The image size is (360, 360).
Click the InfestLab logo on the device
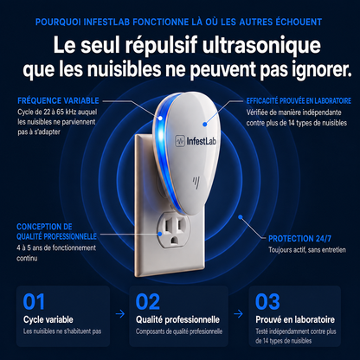point(196,141)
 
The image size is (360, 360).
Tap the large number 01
point(34,302)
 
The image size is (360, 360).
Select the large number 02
point(147,302)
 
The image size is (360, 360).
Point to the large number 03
point(267,302)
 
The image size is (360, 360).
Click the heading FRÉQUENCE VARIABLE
point(58,100)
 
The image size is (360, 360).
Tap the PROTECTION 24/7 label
point(299,239)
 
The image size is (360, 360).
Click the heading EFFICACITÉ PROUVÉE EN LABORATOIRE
point(299,100)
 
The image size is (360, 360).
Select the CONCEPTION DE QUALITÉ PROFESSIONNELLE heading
point(56,232)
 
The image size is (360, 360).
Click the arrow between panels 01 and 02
point(120,314)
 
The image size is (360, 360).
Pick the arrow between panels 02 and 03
point(238,314)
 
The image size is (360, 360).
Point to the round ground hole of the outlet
point(174,240)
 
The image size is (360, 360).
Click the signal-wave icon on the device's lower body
point(196,183)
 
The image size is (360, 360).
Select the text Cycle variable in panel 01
point(48,319)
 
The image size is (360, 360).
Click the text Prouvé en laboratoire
point(295,319)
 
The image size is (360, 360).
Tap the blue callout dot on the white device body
point(205,125)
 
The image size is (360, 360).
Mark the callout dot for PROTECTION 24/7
point(241,217)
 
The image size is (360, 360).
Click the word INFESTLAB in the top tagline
point(106,22)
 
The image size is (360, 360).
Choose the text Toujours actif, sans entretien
point(307,250)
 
